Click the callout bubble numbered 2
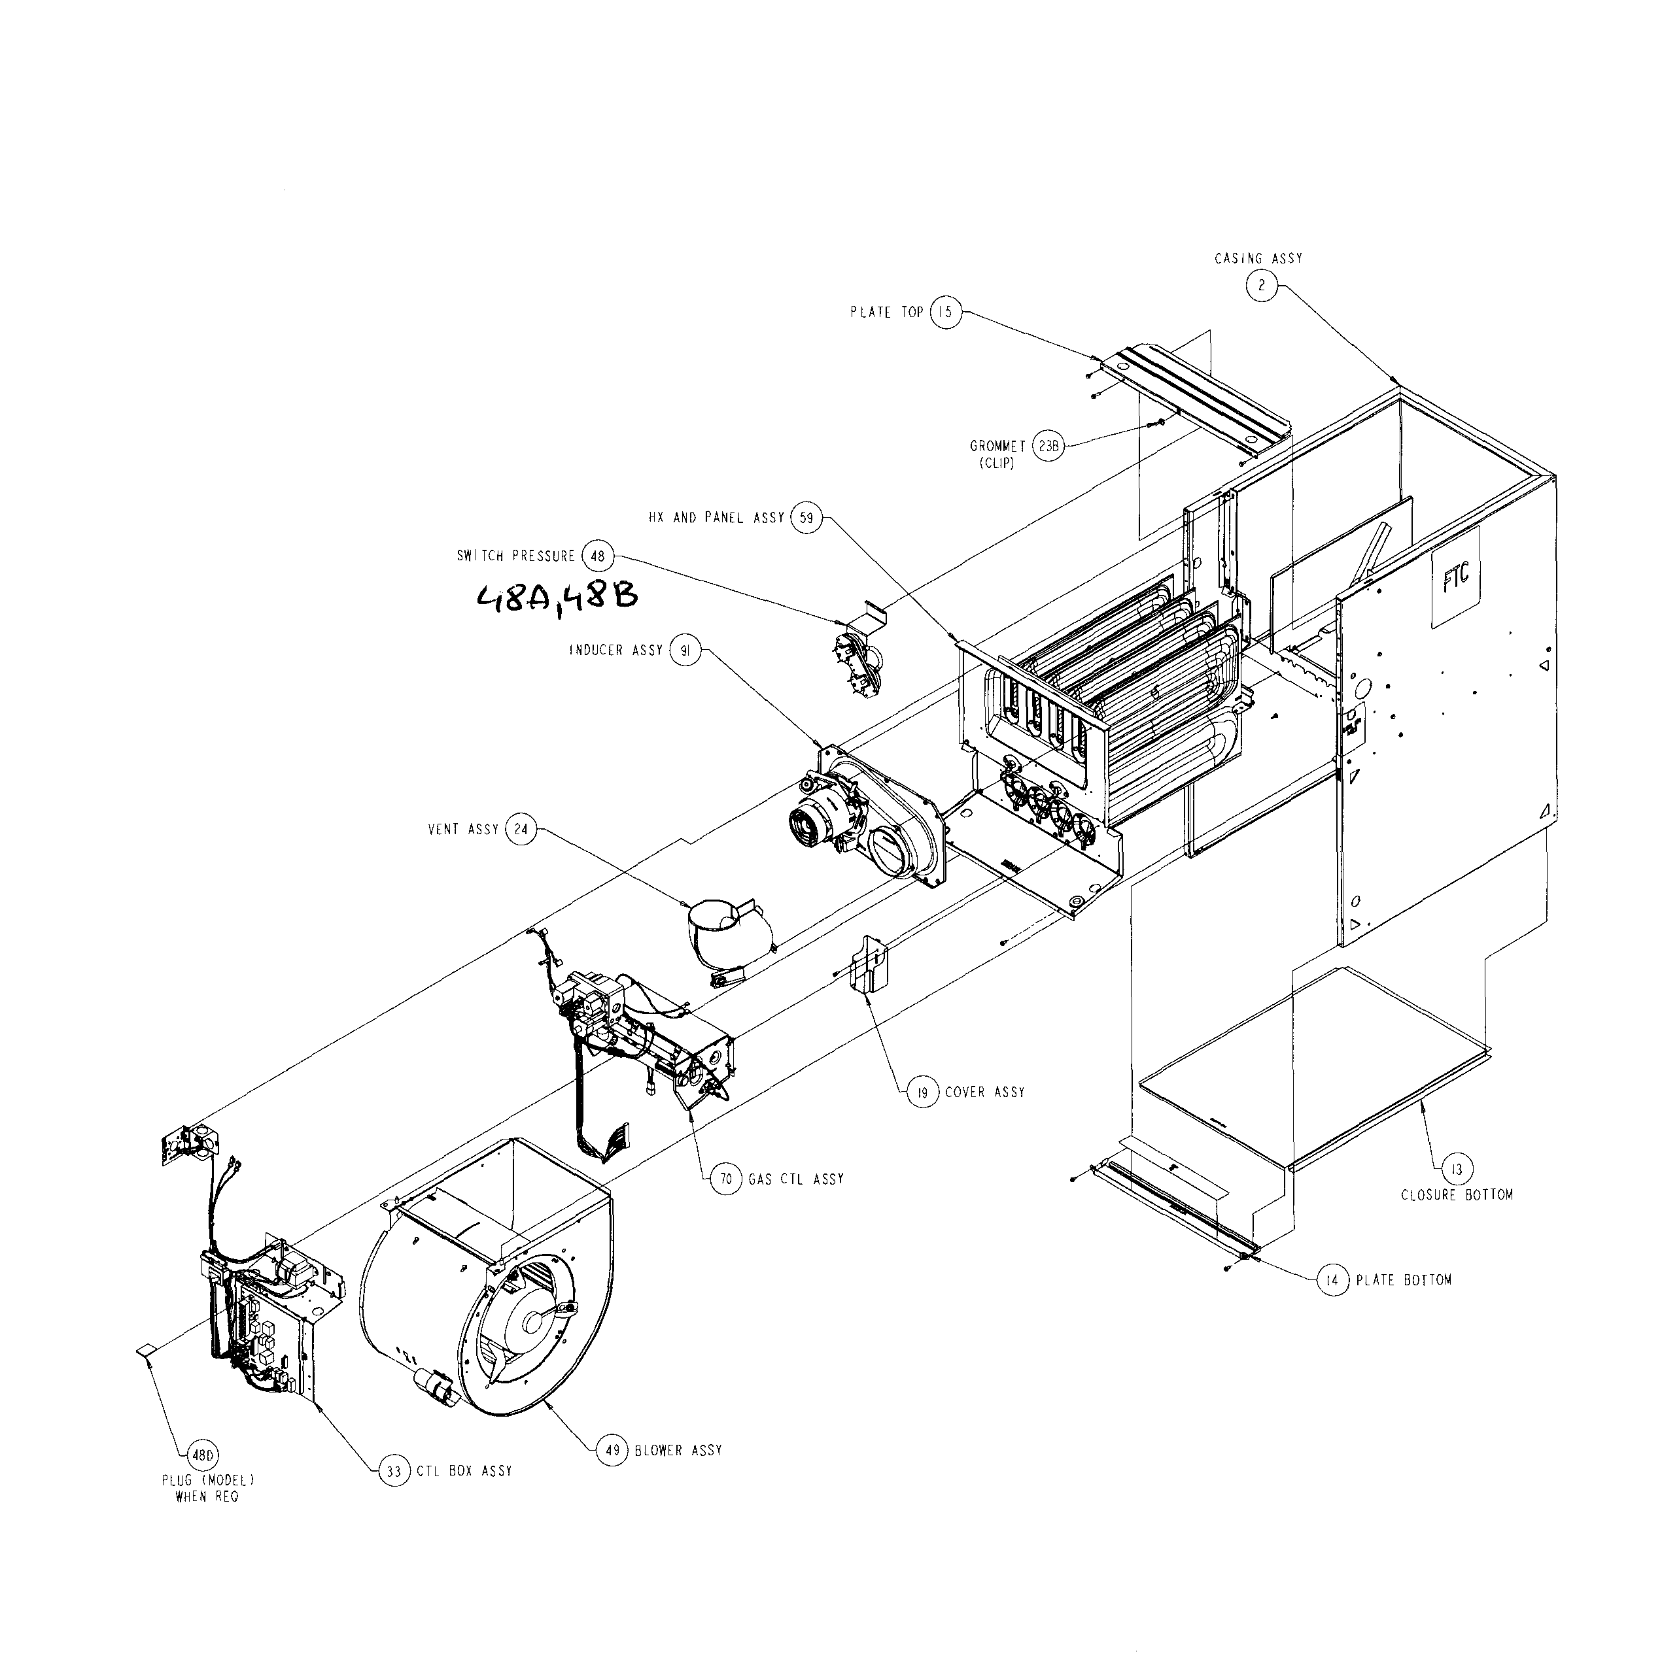click(x=1262, y=286)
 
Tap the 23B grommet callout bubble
click(x=1048, y=447)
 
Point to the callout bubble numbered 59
click(x=805, y=517)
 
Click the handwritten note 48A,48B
click(x=558, y=598)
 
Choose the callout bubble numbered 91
click(x=685, y=650)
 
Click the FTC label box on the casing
click(x=1456, y=576)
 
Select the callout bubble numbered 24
click(x=521, y=830)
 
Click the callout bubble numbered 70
click(x=726, y=1179)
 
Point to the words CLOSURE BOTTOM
click(x=1457, y=1194)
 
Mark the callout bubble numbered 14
click(x=1332, y=1280)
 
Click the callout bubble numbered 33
click(x=394, y=1470)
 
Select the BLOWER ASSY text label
click(x=678, y=1451)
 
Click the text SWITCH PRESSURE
click(x=515, y=556)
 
